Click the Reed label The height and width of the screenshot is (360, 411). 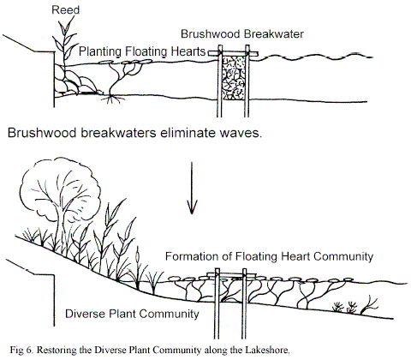65,10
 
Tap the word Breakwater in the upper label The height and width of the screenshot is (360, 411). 274,34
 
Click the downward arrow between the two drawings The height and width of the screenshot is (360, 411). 192,188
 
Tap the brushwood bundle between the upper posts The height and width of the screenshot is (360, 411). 234,78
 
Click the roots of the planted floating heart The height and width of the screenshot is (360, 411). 114,99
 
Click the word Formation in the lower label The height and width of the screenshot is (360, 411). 194,256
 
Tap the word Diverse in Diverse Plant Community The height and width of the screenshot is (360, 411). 85,314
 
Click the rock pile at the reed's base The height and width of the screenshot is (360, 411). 76,81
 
